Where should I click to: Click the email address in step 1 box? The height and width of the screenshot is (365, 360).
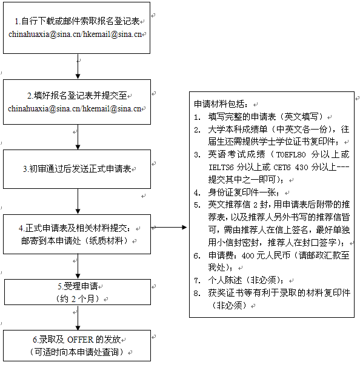[x=75, y=35]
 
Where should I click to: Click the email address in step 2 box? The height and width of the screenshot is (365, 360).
[x=75, y=109]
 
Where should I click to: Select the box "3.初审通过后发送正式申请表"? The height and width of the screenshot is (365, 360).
[x=77, y=169]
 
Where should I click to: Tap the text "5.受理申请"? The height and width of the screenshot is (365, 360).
[x=78, y=286]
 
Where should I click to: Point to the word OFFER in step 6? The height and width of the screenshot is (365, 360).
[x=81, y=340]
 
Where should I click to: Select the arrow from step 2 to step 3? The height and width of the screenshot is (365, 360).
[x=78, y=137]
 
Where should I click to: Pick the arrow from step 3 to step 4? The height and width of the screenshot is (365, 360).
[x=78, y=202]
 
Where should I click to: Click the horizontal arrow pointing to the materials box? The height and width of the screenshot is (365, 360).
[x=169, y=227]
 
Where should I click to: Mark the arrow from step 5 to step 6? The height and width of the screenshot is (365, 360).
[x=78, y=318]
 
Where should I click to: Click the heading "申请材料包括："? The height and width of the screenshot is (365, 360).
[x=221, y=104]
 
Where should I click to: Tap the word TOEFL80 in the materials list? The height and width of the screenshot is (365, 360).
[x=291, y=154]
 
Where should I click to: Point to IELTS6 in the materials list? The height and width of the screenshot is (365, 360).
[x=221, y=167]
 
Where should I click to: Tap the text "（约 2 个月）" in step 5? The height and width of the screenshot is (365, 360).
[x=78, y=299]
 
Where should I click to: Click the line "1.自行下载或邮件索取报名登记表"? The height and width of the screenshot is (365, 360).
[x=77, y=21]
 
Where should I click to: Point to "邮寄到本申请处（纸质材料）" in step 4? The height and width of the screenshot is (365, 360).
[x=75, y=241]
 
